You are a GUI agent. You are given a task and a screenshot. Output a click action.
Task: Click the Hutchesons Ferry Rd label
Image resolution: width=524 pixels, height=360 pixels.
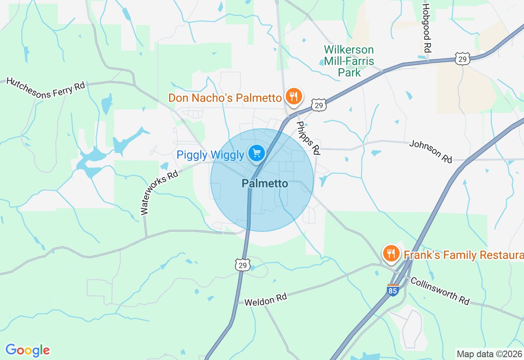pos(45,88)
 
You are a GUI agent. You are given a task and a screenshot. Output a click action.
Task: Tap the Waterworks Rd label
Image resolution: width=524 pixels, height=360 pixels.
pos(159,193)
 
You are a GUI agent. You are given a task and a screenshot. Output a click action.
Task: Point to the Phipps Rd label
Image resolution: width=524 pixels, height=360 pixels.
pos(308,138)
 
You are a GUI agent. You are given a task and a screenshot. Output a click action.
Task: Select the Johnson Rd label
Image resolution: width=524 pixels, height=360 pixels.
pos(431,151)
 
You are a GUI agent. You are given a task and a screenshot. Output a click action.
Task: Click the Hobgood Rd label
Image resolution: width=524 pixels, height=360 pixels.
pos(427,28)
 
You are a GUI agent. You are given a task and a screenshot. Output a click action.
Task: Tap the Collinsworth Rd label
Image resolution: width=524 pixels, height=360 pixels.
pos(440,291)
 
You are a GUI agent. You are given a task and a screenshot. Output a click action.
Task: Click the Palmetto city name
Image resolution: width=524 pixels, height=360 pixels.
pos(265,184)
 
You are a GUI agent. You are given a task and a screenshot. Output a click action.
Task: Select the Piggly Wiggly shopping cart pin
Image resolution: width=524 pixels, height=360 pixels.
pos(257,154)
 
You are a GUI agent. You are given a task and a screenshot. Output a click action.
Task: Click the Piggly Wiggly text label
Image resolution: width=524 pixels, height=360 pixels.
pos(210,155)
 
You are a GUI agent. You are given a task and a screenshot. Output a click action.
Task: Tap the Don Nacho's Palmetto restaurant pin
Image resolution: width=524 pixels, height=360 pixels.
pos(294,97)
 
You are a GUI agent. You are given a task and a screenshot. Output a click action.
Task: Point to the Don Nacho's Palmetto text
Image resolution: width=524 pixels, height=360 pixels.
pos(225,98)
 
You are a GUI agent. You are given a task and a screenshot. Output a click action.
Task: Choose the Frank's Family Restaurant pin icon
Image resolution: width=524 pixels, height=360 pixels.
pos(391,253)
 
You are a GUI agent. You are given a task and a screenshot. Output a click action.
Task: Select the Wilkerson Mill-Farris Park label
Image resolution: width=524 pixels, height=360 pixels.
pos(349,61)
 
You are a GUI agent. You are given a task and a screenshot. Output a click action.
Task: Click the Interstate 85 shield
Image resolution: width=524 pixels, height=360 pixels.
pos(393,290)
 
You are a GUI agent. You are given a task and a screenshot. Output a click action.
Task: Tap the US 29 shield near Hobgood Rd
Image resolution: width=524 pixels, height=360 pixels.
pos(462,58)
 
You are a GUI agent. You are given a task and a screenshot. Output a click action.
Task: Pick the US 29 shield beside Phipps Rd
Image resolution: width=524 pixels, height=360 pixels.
pos(318,105)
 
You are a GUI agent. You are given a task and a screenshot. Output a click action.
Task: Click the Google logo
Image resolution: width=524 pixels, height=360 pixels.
pos(27,350)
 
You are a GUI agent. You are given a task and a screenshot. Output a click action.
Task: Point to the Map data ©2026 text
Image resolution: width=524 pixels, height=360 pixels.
pos(490,354)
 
